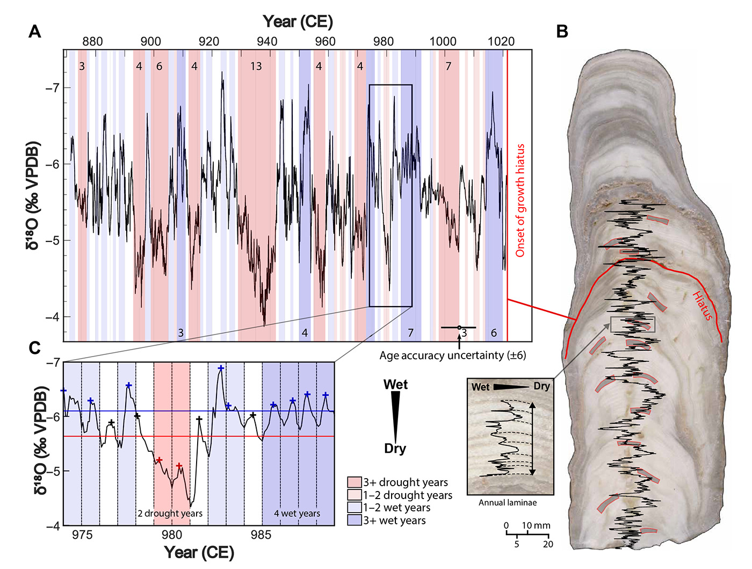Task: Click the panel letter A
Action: point(34,32)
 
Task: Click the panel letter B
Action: point(562,32)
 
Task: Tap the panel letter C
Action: point(35,348)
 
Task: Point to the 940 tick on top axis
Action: point(267,42)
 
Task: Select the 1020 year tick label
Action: point(501,42)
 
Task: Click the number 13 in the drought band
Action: point(256,66)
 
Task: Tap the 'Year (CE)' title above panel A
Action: point(298,22)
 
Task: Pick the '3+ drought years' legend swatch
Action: point(355,482)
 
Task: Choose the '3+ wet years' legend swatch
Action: point(355,521)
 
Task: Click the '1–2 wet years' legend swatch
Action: point(355,508)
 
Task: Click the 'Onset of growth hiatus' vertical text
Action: point(520,200)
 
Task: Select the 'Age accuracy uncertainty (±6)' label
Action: point(452,355)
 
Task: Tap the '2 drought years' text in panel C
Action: point(170,514)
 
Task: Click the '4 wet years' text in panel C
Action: point(297,514)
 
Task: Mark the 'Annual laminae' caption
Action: point(508,503)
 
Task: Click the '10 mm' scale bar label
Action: point(536,525)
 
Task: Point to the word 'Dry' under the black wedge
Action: point(395,449)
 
